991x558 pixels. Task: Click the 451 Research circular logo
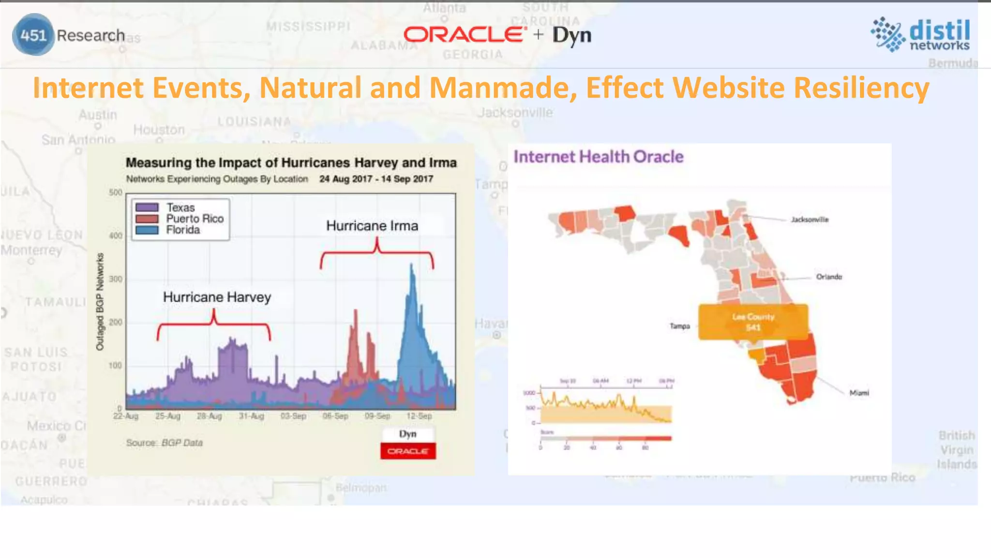click(33, 35)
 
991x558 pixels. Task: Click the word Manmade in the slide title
click(503, 88)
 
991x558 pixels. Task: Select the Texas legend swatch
click(147, 208)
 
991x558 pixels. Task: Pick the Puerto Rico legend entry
click(195, 219)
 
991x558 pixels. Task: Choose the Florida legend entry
click(182, 230)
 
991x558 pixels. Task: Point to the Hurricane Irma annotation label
click(372, 226)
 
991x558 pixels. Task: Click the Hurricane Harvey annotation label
click(217, 297)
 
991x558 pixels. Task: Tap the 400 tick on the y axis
click(116, 236)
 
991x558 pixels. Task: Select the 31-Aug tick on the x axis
click(251, 416)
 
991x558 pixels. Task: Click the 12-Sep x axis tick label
click(419, 416)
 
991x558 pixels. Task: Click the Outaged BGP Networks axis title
click(100, 302)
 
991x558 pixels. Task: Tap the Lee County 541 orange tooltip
click(753, 322)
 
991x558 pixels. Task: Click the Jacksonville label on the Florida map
click(810, 220)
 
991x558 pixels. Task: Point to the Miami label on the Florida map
click(859, 393)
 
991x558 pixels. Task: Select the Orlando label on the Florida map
click(829, 277)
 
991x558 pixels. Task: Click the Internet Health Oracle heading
click(599, 157)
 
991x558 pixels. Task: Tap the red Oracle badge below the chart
click(408, 451)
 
